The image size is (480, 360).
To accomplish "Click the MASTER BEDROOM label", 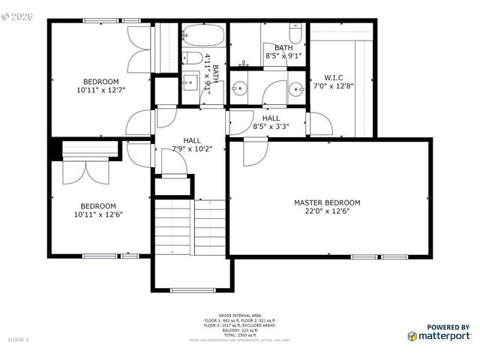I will pyautogui.click(x=327, y=202).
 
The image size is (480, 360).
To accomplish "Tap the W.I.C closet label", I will pyautogui.click(x=334, y=77).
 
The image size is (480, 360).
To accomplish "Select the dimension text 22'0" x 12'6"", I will pyautogui.click(x=327, y=211).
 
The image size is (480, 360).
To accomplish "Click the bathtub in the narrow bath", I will pyautogui.click(x=202, y=36).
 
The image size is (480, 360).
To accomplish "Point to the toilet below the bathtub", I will pyautogui.click(x=192, y=58).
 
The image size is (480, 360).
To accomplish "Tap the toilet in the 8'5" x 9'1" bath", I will pyautogui.click(x=295, y=35).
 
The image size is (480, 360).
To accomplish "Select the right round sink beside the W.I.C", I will pyautogui.click(x=295, y=88).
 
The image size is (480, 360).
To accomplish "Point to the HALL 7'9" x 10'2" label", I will pyautogui.click(x=192, y=144).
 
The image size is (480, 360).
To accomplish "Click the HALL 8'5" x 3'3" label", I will pyautogui.click(x=271, y=122).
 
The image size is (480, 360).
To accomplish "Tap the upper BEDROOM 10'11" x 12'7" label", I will pyautogui.click(x=100, y=85).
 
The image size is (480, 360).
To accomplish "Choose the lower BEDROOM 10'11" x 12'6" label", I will pyautogui.click(x=98, y=210).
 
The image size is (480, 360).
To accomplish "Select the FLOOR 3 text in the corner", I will pyautogui.click(x=18, y=340).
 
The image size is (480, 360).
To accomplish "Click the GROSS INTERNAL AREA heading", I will pyautogui.click(x=239, y=314).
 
